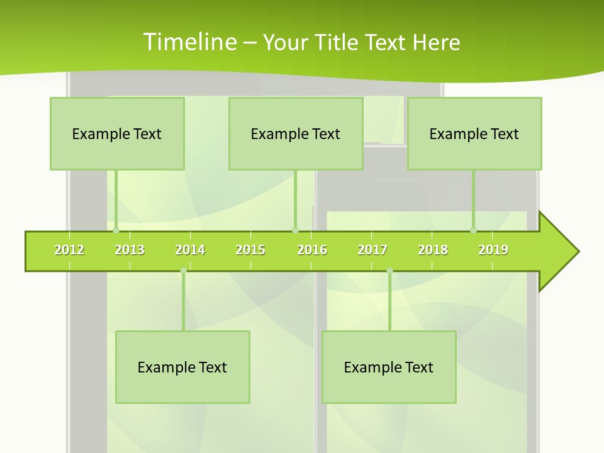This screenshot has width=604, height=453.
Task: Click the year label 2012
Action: [x=69, y=250]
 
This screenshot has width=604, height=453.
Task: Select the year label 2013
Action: [x=130, y=250]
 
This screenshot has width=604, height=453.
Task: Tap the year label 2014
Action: [x=190, y=250]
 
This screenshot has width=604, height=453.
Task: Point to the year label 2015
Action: [x=250, y=250]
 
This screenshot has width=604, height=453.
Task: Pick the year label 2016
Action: [x=312, y=250]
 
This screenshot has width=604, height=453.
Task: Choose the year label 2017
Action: [x=372, y=250]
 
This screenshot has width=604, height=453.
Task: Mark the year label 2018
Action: [x=433, y=250]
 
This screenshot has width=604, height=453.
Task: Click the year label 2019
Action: [x=493, y=250]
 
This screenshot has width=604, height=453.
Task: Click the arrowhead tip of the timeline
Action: [x=578, y=252]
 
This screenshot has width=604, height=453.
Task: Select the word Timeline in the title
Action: [x=189, y=42]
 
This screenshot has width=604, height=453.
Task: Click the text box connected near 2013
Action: [x=117, y=133]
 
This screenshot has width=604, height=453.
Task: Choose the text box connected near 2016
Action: [x=296, y=133]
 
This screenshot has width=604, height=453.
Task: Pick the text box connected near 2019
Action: [x=474, y=133]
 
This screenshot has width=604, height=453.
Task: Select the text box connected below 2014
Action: [x=182, y=367]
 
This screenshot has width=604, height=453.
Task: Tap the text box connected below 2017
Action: [x=389, y=367]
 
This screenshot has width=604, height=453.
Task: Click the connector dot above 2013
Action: [x=116, y=231]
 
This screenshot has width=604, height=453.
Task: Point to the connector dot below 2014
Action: [x=183, y=271]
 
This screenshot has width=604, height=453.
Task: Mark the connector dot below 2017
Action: [x=389, y=271]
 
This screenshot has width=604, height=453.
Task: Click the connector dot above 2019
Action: [x=474, y=231]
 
